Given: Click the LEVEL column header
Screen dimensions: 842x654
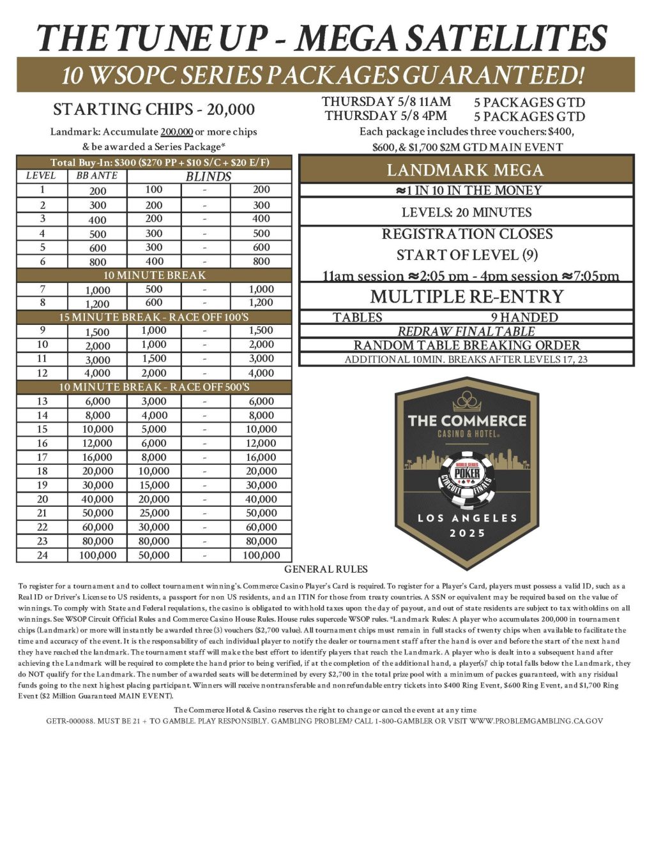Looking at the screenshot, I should (41, 176).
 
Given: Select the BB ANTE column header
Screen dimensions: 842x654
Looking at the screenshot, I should (97, 176).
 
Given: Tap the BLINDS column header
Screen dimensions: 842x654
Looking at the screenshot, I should (208, 177).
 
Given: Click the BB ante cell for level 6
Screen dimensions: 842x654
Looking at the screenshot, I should (98, 262).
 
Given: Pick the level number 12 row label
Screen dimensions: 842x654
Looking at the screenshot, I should (42, 373).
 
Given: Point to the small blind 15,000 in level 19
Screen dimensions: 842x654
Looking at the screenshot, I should (154, 486).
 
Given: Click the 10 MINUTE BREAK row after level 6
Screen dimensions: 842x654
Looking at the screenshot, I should (155, 276).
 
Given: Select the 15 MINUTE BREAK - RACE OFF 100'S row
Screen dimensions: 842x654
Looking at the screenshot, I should (155, 317).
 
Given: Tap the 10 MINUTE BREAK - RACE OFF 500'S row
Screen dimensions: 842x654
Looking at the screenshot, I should (155, 387).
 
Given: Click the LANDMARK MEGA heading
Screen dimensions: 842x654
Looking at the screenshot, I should (466, 170).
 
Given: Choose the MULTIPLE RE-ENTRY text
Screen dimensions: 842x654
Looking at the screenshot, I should (467, 297).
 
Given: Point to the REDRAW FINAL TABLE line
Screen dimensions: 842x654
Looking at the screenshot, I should (466, 331).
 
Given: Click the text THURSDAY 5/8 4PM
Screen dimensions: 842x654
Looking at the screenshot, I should (386, 116).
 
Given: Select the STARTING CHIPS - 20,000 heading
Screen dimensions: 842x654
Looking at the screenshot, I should (154, 110).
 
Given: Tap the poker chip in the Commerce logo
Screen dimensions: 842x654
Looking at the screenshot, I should (467, 476).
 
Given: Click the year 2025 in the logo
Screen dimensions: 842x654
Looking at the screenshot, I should (467, 533).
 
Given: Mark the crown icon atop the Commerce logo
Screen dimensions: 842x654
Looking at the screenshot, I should (467, 402).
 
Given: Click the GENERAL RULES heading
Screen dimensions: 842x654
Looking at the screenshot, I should (326, 569).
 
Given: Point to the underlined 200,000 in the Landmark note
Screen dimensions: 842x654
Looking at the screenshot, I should (177, 132).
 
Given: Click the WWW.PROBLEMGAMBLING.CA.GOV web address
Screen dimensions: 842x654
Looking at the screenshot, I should (536, 721).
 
